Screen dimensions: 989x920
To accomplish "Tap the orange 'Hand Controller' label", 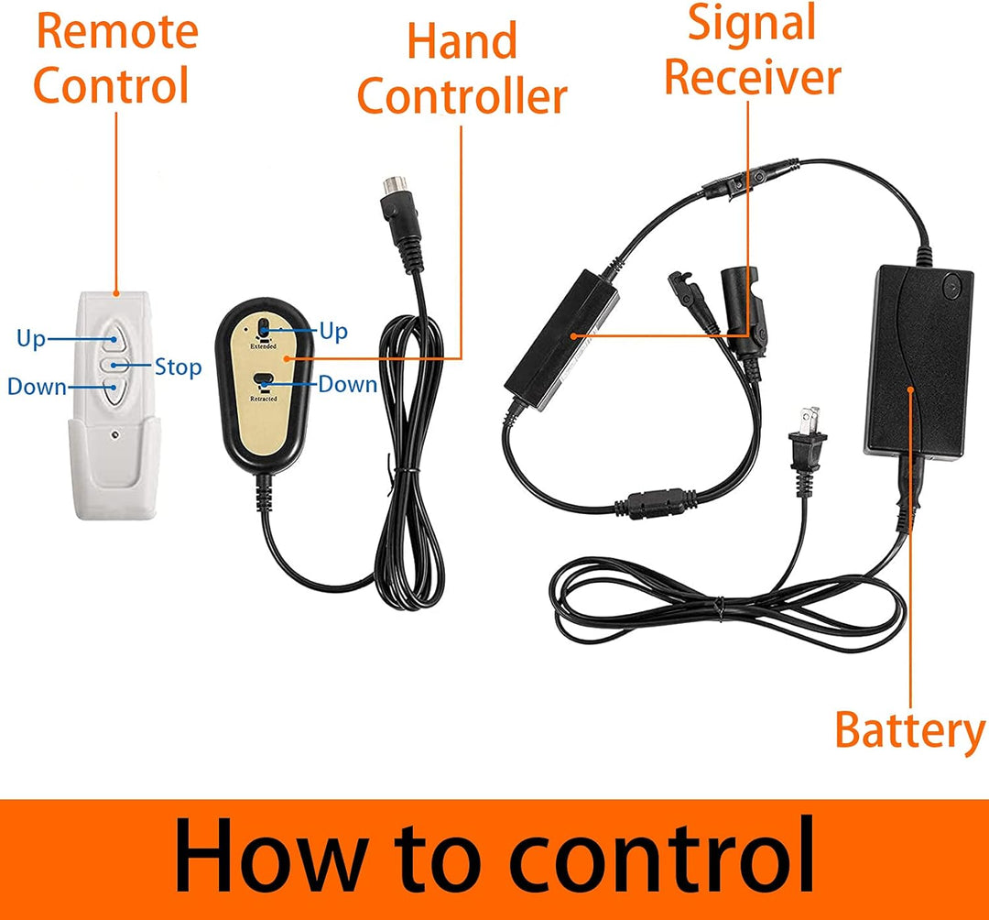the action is [x=462, y=69].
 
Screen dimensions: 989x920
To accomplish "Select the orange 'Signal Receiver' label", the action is [x=753, y=49].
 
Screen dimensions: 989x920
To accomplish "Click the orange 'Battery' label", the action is [x=909, y=731].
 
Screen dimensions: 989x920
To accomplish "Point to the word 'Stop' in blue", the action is [x=178, y=367].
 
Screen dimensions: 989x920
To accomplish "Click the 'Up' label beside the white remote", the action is [x=31, y=338].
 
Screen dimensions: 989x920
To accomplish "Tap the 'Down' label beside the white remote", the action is [x=37, y=386].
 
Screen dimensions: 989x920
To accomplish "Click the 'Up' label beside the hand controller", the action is [x=333, y=332].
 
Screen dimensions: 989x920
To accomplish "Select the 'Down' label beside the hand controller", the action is [x=348, y=384].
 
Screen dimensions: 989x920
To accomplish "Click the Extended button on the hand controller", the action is [x=264, y=329].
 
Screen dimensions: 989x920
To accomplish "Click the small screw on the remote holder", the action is [x=114, y=434].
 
